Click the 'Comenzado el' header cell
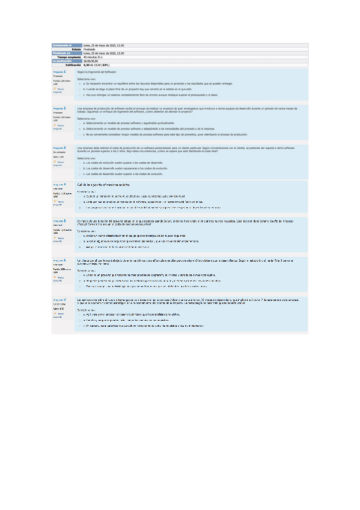(x=62, y=45)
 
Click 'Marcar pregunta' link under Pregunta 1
(x=59, y=91)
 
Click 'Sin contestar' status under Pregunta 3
(x=58, y=153)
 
